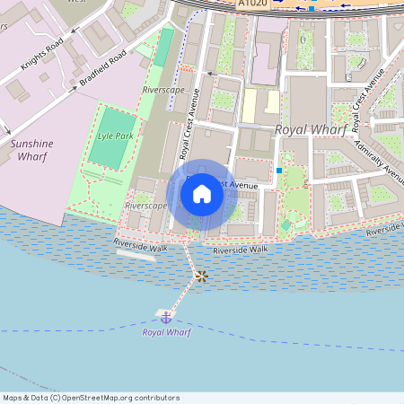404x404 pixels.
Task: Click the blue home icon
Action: coord(202,193)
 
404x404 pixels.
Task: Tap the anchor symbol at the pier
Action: coord(166,316)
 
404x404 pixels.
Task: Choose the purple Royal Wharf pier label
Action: coord(166,332)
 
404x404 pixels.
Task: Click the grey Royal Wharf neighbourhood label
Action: coord(310,129)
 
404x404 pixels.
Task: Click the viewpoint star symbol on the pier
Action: coord(202,277)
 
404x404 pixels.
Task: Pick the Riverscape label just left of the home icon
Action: coord(145,205)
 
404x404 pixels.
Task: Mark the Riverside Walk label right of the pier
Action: coord(240,250)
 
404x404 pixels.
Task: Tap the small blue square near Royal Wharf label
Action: coord(279,171)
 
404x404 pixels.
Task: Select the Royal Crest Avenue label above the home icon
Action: coord(189,129)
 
